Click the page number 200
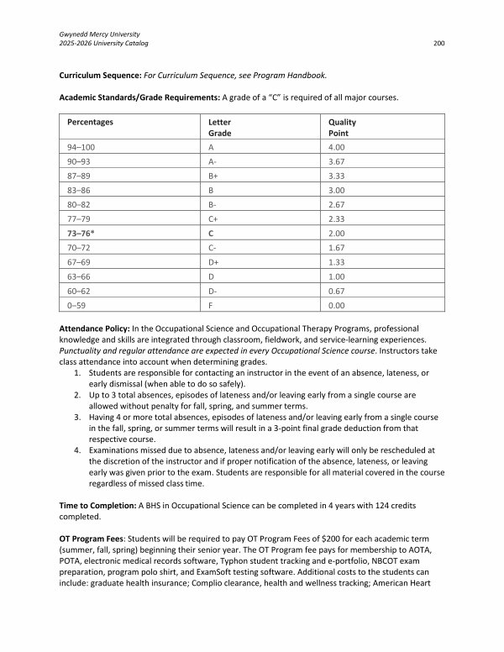tap(438, 43)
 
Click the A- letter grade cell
tap(211, 161)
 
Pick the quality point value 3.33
tap(338, 176)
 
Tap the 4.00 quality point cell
tap(338, 146)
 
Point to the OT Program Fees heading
tap(91, 537)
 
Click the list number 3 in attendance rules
tap(77, 417)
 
